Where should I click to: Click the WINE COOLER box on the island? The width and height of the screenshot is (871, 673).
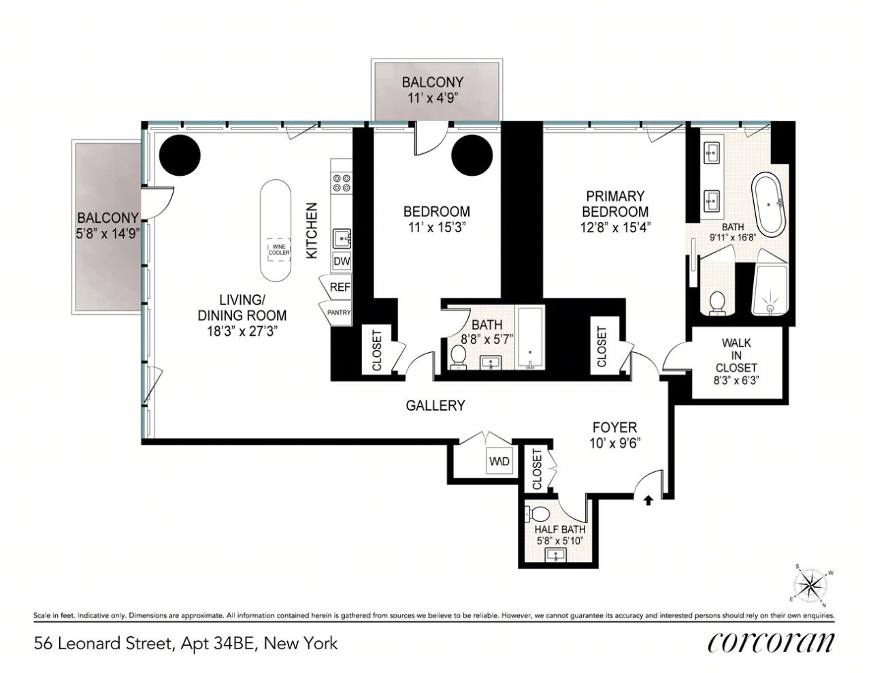coord(279,250)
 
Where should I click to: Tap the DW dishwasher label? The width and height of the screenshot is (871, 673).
coord(342,262)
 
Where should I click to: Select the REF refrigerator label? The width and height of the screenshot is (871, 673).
coord(340,287)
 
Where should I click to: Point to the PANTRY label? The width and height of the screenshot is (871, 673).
coord(339,313)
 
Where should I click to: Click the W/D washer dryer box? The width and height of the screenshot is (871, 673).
coord(499,461)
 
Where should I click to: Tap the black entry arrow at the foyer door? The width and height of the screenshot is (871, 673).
coord(648,500)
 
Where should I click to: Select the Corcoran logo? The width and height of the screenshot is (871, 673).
coord(770,643)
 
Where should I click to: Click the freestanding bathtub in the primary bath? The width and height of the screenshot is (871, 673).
coord(769,204)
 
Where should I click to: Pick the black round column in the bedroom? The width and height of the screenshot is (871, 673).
coord(472,155)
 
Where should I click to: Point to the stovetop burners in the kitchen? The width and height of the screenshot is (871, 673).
coord(342,183)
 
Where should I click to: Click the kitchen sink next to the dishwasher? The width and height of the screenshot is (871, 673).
coord(342,239)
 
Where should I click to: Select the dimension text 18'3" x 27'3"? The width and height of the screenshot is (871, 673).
coord(242,332)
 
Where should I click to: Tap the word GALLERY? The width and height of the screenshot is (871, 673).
coord(435,405)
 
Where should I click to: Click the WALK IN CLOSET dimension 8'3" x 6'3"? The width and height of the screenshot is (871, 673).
coord(736,380)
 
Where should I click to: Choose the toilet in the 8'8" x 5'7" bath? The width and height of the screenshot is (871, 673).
coord(458,357)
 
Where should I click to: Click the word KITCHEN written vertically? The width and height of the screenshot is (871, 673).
coord(312,231)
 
